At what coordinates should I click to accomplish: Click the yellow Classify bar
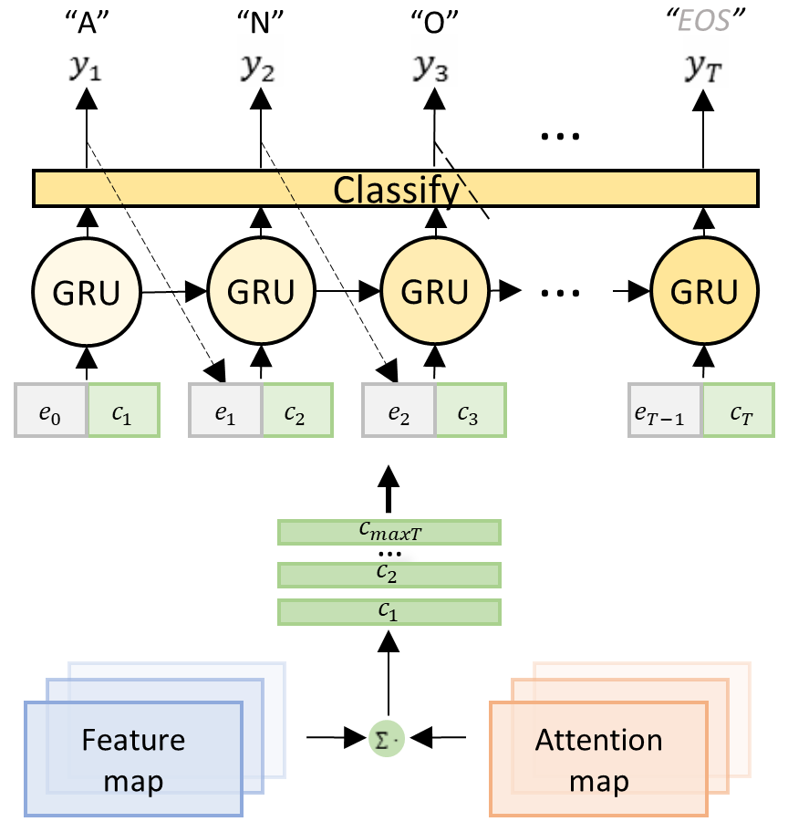tap(396, 189)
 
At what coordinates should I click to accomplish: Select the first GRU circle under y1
tap(87, 292)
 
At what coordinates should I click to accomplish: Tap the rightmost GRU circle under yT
tap(703, 292)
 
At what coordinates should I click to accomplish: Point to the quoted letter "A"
tap(87, 22)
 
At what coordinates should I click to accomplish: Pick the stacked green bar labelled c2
tap(389, 574)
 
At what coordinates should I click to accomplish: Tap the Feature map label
tap(133, 759)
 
